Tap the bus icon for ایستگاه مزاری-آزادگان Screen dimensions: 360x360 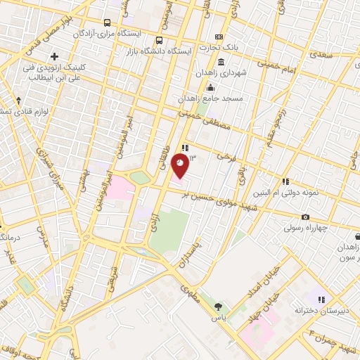(106, 22)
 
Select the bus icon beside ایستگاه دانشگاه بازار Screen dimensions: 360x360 (160, 40)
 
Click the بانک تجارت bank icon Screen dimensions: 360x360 (219, 37)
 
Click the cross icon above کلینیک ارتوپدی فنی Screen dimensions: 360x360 (54, 56)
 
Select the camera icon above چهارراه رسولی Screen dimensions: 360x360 (305, 217)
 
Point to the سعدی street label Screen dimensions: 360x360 (322, 53)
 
